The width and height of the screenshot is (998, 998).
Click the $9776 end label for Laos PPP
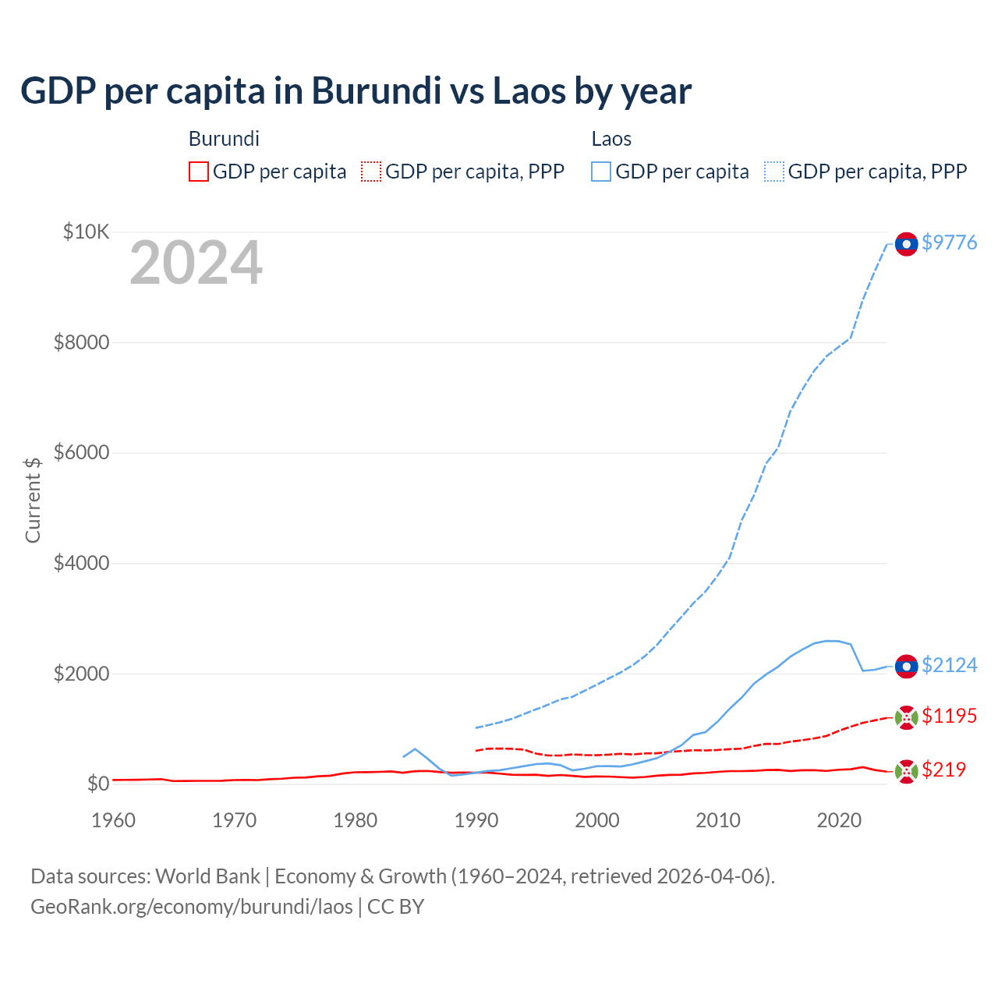[x=949, y=242]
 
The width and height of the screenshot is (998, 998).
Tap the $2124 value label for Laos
[x=949, y=665]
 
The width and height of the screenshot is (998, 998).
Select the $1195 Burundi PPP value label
[x=949, y=716]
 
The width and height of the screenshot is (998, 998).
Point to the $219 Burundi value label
[x=943, y=770]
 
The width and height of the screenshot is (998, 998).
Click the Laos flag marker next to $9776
[x=906, y=244]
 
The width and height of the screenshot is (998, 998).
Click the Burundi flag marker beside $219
[x=906, y=771]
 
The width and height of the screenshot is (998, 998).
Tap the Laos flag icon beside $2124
[x=906, y=667]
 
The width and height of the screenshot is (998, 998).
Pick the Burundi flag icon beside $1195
[x=906, y=717]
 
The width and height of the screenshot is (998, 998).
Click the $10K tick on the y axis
[x=86, y=232]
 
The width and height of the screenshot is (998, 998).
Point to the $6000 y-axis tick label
[x=81, y=452]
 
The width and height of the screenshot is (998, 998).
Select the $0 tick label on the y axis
[x=97, y=783]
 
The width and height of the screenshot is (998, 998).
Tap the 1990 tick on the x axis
[x=476, y=820]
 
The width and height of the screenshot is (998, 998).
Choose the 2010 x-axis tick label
[x=717, y=820]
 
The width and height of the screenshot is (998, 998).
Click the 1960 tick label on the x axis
[x=114, y=820]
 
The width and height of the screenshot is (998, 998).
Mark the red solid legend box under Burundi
[x=199, y=172]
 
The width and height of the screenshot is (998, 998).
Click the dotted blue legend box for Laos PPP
[x=774, y=172]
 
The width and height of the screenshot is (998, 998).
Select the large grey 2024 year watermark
[x=196, y=264]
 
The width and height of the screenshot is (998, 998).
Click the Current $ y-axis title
[x=33, y=500]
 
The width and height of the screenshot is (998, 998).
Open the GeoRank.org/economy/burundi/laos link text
[x=192, y=907]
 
